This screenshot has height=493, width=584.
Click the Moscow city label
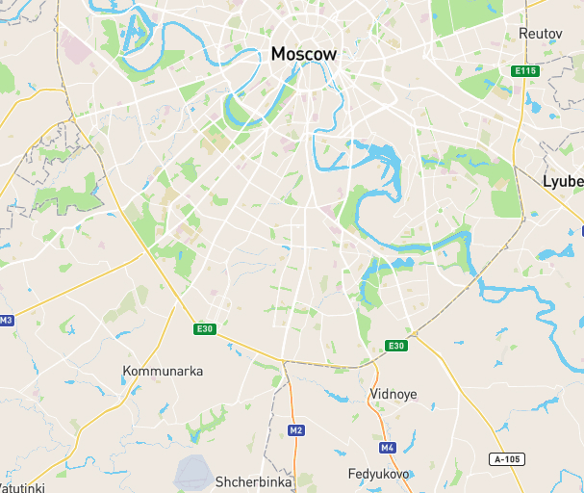(x=304, y=54)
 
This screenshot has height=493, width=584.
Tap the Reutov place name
(x=540, y=33)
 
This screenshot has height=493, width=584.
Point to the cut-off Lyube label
(x=563, y=181)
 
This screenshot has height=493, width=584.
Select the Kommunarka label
(x=163, y=371)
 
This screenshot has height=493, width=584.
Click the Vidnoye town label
(x=394, y=394)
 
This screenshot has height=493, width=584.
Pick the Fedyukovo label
(x=379, y=474)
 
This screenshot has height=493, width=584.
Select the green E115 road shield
(x=524, y=71)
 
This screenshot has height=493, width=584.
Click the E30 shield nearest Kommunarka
(x=205, y=329)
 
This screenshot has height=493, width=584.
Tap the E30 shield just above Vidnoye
(x=396, y=346)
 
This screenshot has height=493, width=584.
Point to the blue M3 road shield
(x=7, y=320)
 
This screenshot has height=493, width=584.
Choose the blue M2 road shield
(x=296, y=430)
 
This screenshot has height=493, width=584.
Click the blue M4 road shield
(x=388, y=448)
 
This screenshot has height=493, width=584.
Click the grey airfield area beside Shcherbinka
(x=193, y=471)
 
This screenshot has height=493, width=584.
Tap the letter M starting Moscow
(x=279, y=54)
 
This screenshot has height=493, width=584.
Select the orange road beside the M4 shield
(x=382, y=424)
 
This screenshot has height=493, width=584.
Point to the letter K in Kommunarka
(x=127, y=371)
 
